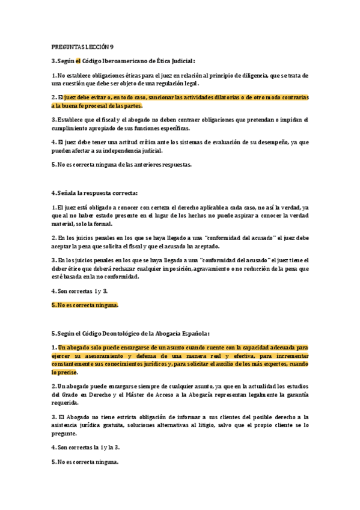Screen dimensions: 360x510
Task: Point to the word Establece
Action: [71, 120]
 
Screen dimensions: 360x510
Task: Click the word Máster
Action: [129, 394]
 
